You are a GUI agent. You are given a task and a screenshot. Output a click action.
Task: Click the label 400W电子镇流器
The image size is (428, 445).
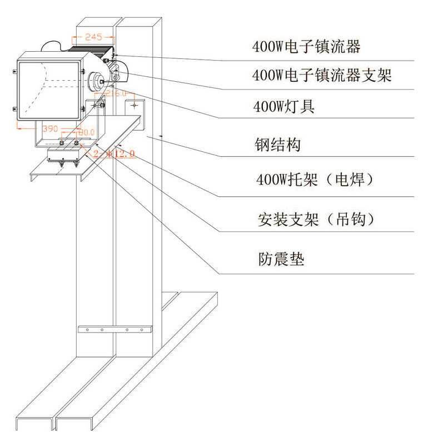(x=306, y=47)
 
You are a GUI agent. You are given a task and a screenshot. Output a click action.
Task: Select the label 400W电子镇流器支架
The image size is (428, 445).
(x=322, y=75)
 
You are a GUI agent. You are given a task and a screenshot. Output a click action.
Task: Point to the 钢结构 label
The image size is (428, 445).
(x=277, y=145)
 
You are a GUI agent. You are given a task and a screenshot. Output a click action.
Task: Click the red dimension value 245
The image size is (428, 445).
(x=92, y=37)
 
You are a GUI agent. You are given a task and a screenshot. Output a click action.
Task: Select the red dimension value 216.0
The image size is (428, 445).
(x=117, y=93)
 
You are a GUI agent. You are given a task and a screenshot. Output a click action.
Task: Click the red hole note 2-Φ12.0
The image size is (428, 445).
(x=114, y=154)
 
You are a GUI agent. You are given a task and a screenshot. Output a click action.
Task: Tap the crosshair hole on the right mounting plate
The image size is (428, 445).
(x=134, y=104)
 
